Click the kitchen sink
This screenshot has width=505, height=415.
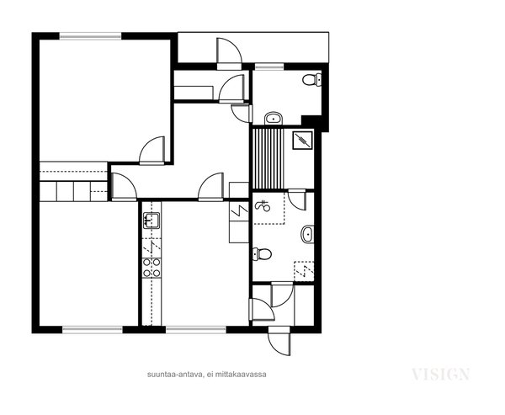click(x=151, y=221)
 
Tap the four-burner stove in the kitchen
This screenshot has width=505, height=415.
click(x=151, y=268)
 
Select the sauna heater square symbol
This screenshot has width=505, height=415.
click(x=303, y=140)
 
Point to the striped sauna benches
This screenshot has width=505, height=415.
click(x=268, y=158)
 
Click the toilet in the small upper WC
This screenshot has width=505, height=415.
click(x=311, y=80)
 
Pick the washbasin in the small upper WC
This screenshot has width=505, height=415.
click(x=274, y=118)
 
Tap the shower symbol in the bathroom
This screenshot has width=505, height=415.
click(x=262, y=205)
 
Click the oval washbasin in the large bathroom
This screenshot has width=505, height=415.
click(x=307, y=234)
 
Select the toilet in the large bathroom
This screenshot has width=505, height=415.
click(x=262, y=254)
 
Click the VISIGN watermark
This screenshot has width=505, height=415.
click(x=440, y=375)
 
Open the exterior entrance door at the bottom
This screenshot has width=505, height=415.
click(x=279, y=341)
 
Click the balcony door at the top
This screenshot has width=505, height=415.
click(x=229, y=54)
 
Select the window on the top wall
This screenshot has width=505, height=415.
click(x=91, y=36)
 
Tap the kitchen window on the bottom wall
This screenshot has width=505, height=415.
click(x=196, y=329)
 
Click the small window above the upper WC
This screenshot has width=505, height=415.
click(x=269, y=67)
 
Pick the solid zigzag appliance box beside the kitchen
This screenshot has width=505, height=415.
click(x=239, y=211)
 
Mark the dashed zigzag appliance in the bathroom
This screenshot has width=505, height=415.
click(x=304, y=271)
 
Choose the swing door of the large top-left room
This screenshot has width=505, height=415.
click(x=151, y=151)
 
